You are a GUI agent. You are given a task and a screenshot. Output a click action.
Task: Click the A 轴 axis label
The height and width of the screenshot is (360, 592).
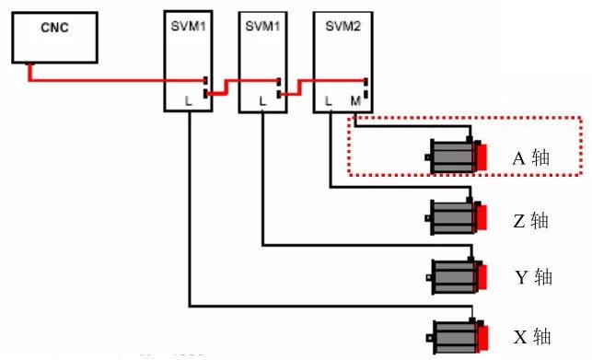[530, 157]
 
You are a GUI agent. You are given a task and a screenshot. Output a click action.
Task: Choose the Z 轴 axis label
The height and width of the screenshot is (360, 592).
[530, 221]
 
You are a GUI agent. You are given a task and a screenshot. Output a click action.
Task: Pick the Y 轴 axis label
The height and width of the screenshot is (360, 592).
[532, 276]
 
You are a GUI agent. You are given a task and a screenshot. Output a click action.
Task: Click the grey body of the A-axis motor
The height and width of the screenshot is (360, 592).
[452, 157]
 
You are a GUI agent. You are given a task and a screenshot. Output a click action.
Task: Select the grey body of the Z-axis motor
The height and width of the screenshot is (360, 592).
[452, 219]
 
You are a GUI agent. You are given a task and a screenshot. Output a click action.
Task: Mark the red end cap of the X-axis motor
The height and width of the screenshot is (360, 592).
[482, 335]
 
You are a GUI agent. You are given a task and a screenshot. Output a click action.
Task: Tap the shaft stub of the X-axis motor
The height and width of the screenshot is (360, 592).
[429, 335]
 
